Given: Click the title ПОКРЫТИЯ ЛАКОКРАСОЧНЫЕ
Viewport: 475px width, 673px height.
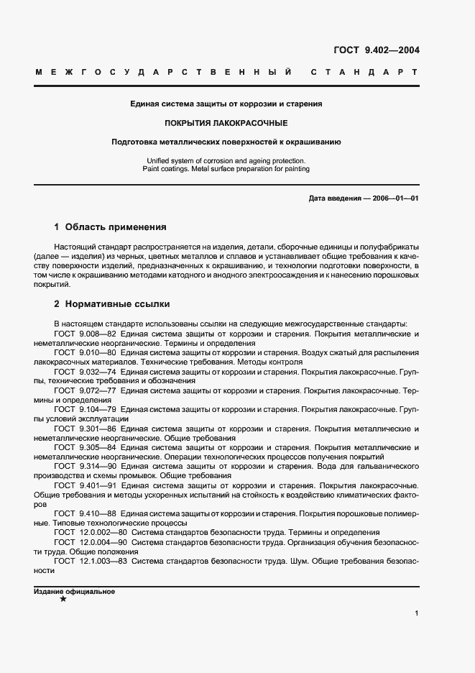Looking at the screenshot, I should tap(226, 123).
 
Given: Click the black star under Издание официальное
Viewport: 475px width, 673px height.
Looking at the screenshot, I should tap(63, 600).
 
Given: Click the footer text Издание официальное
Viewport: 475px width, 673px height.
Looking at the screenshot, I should tap(74, 591).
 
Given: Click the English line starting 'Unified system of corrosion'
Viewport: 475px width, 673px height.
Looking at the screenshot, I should tap(226, 160).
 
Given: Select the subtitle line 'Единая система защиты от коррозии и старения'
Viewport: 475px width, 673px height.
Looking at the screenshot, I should tap(226, 104).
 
